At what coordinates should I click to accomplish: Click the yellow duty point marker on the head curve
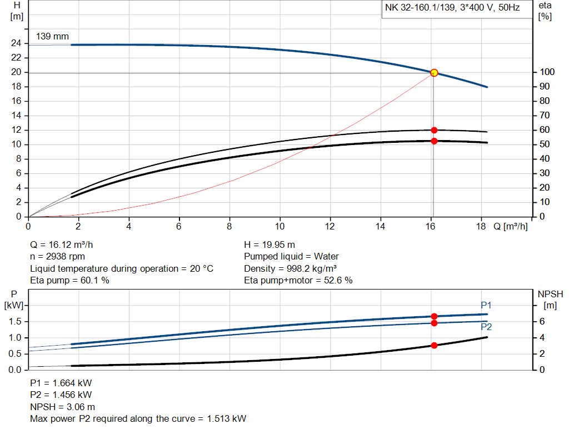[434, 72]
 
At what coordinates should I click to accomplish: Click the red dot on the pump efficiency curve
[434, 130]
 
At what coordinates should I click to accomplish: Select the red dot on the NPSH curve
[434, 345]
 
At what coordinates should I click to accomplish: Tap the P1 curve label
[486, 305]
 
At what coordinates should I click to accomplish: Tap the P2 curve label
[486, 327]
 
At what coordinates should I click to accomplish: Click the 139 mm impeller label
[52, 37]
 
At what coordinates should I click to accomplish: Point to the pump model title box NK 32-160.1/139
[452, 8]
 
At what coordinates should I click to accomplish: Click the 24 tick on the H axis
[16, 43]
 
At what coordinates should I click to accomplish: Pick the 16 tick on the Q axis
[431, 226]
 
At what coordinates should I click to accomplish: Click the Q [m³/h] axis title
[510, 226]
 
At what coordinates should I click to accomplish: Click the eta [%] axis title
[545, 11]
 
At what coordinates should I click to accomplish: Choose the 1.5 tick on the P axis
[15, 322]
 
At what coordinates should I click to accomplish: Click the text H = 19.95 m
[269, 245]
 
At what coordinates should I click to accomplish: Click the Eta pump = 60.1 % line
[69, 280]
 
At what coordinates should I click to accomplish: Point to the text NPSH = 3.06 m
[62, 407]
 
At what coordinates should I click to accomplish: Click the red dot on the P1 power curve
[434, 316]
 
